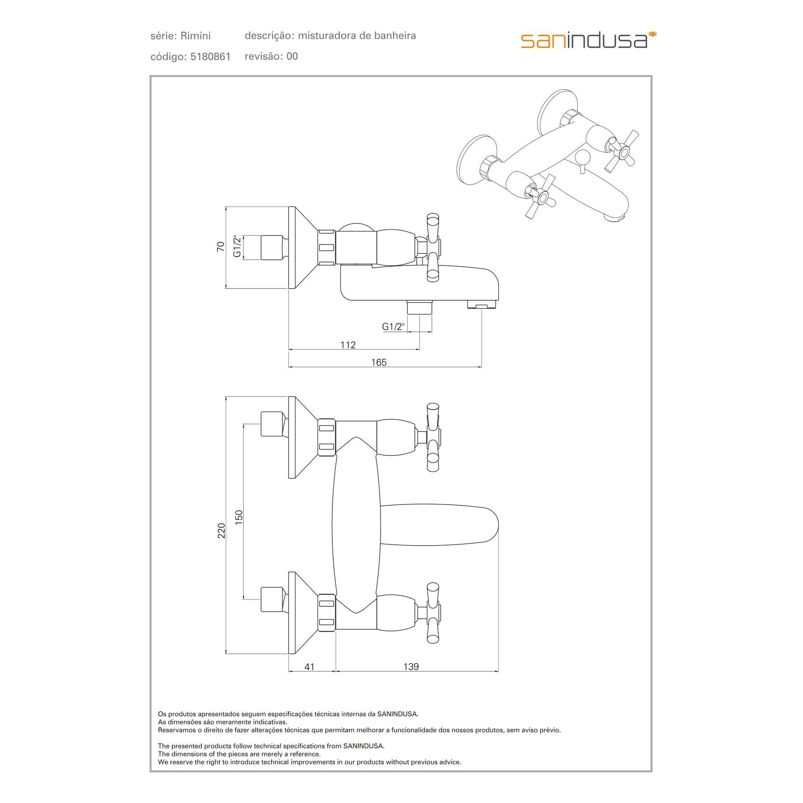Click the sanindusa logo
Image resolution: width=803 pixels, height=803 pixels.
pos(588,40)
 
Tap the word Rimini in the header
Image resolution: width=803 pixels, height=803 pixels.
pos(196,36)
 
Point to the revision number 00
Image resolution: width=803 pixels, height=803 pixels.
pos(292,56)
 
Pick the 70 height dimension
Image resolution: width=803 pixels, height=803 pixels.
pos(220,247)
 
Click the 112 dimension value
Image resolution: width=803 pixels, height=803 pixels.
pos(348,345)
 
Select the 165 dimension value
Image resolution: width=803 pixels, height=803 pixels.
pos(379,362)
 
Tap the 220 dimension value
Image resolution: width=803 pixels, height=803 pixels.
pos(221,530)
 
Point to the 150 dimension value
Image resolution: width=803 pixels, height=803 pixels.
pos(239,517)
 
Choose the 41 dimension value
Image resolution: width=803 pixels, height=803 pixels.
pos(309,679)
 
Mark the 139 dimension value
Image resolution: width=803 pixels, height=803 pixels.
pos(411,679)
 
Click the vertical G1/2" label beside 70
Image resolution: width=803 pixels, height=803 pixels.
pos(237,247)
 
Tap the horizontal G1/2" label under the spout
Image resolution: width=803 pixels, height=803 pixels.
pos(393,327)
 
